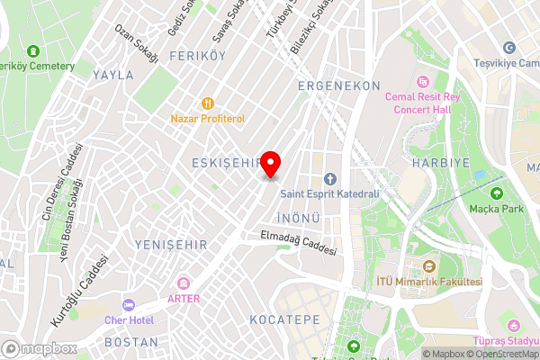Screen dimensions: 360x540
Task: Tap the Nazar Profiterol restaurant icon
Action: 209,103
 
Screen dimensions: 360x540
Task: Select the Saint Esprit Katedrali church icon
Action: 329,178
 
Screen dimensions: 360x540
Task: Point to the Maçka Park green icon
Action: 496,193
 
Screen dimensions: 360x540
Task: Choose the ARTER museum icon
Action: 184,284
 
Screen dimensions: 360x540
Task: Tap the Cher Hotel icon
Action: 128,305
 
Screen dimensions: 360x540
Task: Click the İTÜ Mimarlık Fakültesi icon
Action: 429,267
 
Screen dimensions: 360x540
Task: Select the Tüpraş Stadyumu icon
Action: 513,325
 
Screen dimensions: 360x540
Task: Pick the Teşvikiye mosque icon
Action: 509,48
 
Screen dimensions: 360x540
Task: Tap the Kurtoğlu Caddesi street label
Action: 79,290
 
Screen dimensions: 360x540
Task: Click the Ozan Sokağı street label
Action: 137,42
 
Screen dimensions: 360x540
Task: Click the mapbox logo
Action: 40,348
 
